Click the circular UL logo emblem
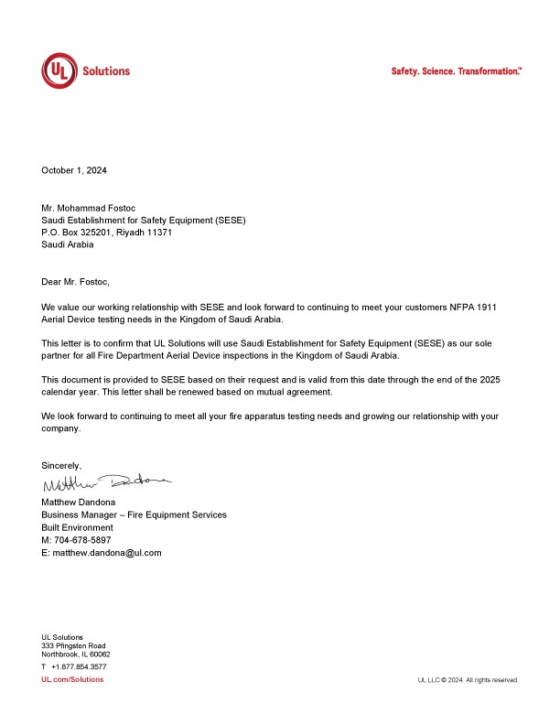[x=59, y=70]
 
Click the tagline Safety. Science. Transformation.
[x=456, y=70]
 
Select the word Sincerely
[x=61, y=466]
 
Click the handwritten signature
[x=105, y=483]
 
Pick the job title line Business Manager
[x=134, y=515]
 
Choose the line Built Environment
[x=77, y=528]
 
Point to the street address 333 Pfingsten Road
[x=73, y=645]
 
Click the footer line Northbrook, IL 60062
[x=75, y=655]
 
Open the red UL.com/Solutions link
[x=72, y=679]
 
